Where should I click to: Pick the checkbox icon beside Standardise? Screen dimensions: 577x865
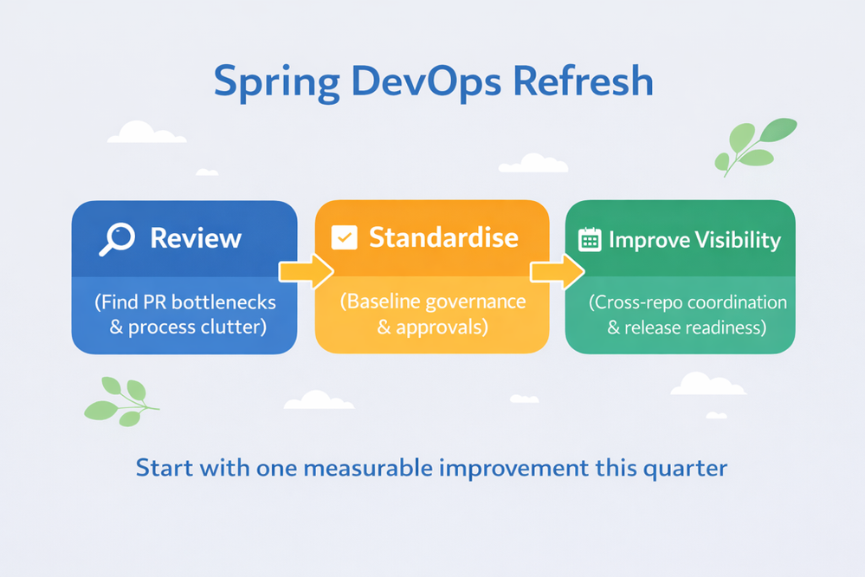pos(345,238)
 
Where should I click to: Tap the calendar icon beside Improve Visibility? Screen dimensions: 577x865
pos(590,240)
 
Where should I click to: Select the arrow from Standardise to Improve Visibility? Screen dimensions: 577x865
pos(556,271)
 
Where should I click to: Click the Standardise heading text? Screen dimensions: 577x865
pos(444,237)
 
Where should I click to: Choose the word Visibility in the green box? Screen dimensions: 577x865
pos(737,240)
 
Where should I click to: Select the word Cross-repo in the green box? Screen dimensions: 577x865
pos(636,303)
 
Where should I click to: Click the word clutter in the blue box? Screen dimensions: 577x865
pos(236,327)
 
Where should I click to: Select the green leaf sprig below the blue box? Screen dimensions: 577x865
pos(120,400)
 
